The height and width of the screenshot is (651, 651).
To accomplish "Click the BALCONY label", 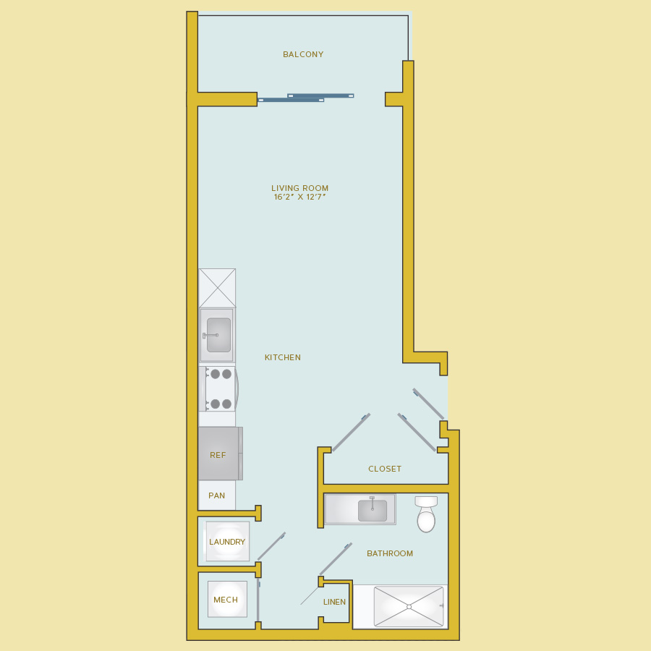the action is [x=303, y=54].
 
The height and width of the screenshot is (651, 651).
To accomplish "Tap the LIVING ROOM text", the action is [x=299, y=188].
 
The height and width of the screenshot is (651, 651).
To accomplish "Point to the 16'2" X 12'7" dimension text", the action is [x=299, y=197].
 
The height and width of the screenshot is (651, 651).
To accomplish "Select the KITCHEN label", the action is [x=283, y=357].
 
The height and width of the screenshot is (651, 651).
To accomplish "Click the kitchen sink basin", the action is [x=218, y=335].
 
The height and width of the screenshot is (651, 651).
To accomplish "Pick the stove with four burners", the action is [x=218, y=389].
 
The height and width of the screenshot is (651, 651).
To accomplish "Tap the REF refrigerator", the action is [x=220, y=454].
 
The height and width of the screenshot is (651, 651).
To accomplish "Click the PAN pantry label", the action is [x=217, y=495].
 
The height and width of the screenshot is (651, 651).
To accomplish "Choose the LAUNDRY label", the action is [x=227, y=542].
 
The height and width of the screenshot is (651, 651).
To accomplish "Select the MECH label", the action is [x=226, y=600].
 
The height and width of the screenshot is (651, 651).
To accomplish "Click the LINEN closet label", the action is [x=334, y=602].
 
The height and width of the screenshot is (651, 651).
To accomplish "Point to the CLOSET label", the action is [x=385, y=469].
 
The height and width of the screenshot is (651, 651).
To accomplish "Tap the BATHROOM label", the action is [x=390, y=553].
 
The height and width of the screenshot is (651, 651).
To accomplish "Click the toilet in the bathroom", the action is [x=426, y=514].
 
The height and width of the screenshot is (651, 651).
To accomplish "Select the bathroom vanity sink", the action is [x=373, y=510].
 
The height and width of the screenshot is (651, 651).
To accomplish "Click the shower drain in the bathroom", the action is [x=409, y=607].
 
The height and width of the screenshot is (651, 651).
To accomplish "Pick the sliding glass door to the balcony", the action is [x=305, y=98].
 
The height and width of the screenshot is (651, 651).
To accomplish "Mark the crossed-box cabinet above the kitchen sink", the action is [x=217, y=288].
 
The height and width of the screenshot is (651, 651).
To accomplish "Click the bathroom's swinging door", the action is [x=336, y=559].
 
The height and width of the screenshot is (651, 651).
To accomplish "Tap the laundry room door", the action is [x=271, y=546].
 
